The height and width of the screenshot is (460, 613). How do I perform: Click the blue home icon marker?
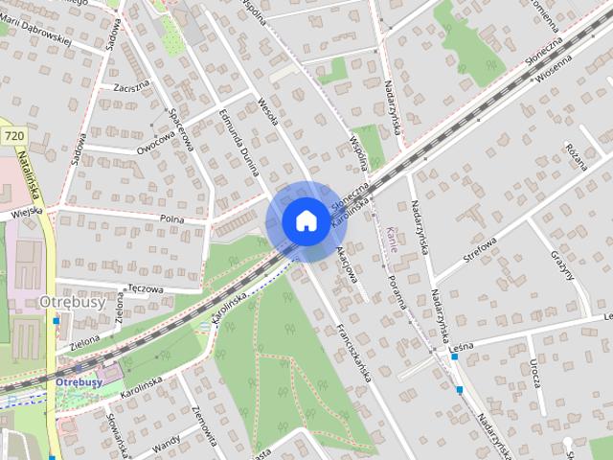[305, 220]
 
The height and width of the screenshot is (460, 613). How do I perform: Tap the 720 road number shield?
[13, 137]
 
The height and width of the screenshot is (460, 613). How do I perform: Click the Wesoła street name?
[267, 113]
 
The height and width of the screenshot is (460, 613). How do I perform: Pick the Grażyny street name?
[564, 269]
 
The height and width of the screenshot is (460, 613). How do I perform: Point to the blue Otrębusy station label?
[79, 381]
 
